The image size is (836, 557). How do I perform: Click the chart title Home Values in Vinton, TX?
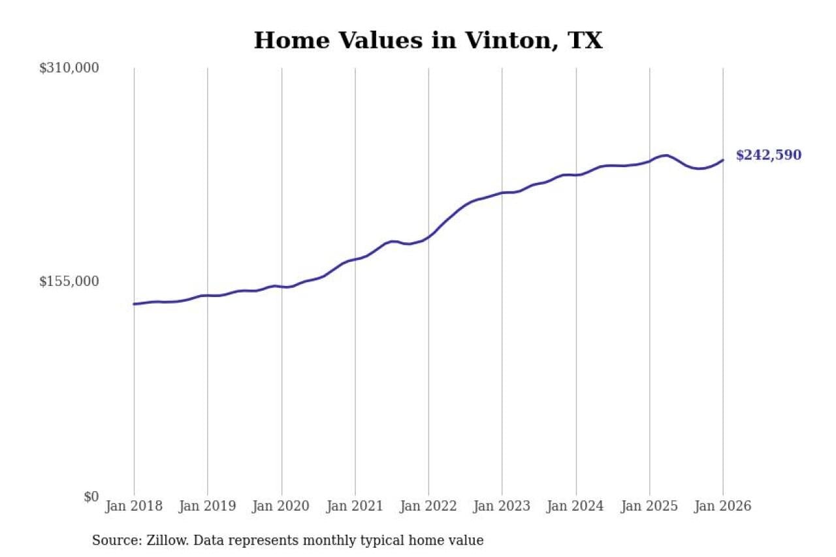(x=428, y=40)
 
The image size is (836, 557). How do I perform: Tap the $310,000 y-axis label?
(x=69, y=68)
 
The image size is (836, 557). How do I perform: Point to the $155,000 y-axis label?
(x=69, y=281)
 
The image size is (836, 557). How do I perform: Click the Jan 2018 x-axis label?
(x=134, y=506)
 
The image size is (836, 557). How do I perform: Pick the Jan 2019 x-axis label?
(x=208, y=506)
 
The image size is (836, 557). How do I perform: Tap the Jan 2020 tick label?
(x=281, y=506)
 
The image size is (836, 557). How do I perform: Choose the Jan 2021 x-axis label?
(x=355, y=506)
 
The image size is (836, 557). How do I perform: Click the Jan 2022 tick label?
(x=428, y=506)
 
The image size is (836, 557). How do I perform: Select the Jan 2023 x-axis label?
(x=502, y=506)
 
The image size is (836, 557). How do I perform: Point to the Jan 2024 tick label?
(x=576, y=506)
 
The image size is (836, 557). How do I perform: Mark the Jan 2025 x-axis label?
(x=650, y=506)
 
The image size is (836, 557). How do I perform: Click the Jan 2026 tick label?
(x=723, y=506)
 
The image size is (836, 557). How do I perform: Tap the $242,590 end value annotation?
(x=768, y=155)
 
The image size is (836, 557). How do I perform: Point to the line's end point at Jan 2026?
(x=723, y=160)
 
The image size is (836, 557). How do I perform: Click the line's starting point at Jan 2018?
(x=134, y=304)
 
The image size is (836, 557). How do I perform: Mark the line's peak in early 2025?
(x=666, y=155)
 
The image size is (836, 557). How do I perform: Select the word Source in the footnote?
(x=112, y=540)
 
